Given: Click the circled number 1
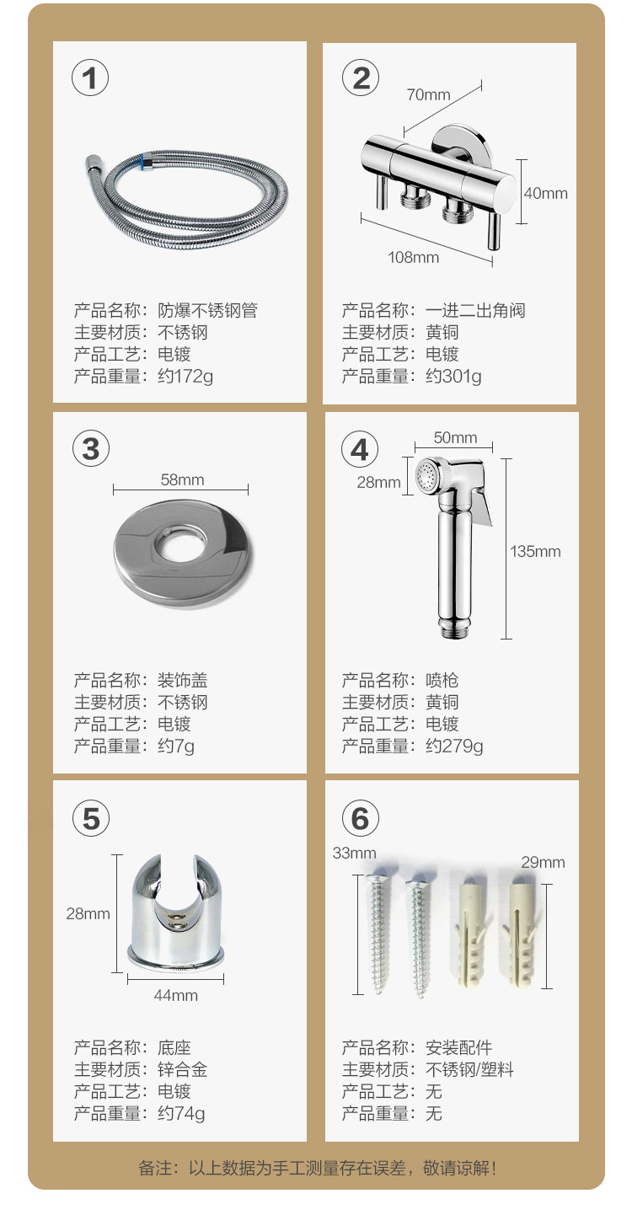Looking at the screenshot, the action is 90,78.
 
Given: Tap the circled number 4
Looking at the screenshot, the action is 360,449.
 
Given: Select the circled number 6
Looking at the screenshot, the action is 360,818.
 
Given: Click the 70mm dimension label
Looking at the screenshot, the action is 428,94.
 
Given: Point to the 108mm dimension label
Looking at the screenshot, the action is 413,257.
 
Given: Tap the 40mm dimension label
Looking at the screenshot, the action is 545,193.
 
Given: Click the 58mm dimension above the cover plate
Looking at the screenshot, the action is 182,479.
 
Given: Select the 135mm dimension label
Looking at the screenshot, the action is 535,551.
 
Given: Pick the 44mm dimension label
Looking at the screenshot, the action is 175,995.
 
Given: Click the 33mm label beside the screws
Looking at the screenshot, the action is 355,853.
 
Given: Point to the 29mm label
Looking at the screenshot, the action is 543,862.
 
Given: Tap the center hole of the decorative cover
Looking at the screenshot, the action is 181,544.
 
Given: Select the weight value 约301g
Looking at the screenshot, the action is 453,377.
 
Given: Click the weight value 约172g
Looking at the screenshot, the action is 185,377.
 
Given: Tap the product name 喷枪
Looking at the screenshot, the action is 442,680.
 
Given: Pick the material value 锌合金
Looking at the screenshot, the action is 183,1069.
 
